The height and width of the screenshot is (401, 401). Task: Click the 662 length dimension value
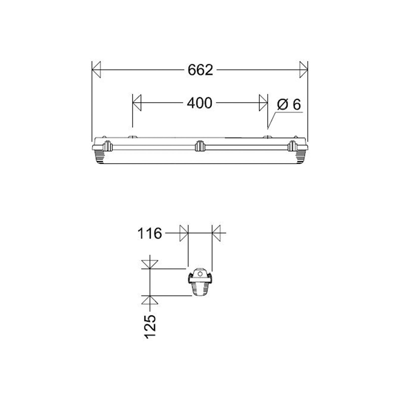point(200,70)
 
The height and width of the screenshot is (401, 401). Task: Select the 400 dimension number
point(199,103)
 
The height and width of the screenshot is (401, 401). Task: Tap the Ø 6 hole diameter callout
point(289,105)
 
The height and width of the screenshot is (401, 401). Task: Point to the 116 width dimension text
point(150,234)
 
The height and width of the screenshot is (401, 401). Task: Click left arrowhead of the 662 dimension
point(96,69)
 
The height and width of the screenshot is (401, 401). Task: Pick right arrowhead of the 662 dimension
point(303,69)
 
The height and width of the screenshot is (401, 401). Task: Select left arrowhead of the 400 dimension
point(137,103)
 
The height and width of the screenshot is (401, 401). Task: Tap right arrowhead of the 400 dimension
point(263,103)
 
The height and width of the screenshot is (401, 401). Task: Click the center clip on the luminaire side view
point(200,146)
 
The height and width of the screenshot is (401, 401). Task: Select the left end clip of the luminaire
point(108,146)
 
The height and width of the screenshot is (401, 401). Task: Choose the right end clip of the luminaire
point(292,146)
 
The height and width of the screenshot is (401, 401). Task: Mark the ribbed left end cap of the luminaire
point(98,157)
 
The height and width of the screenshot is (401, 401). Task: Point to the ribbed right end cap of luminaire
point(302,157)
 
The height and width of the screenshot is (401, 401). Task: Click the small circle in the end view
point(200,274)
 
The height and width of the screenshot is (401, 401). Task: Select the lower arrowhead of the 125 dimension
point(150,300)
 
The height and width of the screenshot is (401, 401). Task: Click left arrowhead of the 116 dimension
point(184,233)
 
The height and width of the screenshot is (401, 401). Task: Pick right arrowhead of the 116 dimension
point(216,233)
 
